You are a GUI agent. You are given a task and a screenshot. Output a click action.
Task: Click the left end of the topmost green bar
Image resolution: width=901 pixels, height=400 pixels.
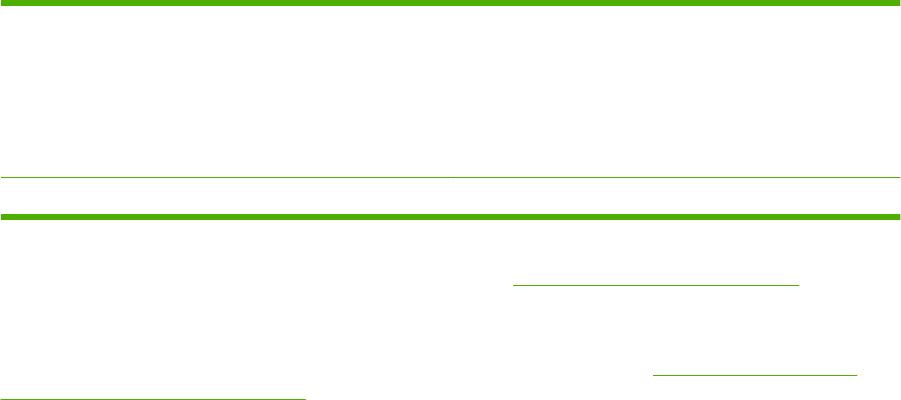tap(3, 3)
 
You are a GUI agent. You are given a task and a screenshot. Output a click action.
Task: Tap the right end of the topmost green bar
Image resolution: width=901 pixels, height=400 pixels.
tap(897, 3)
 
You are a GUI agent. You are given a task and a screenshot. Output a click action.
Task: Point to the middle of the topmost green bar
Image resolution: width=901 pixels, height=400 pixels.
tap(450, 3)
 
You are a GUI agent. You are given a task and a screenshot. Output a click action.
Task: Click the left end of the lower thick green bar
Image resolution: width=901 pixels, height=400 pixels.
tap(3, 216)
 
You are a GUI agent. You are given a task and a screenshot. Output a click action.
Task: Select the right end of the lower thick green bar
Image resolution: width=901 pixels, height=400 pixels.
tap(897, 216)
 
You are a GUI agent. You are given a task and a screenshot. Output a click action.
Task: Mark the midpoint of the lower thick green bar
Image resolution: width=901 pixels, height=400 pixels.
tap(450, 216)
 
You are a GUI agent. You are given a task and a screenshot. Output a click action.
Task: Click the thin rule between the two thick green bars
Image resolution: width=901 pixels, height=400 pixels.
tap(450, 178)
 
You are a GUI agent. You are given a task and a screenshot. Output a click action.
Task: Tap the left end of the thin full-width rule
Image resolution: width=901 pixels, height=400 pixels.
tap(2, 178)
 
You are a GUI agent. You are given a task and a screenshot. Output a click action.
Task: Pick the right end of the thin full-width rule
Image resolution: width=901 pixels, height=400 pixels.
tap(898, 178)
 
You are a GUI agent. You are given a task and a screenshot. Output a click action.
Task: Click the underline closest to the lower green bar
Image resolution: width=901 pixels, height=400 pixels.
tap(657, 285)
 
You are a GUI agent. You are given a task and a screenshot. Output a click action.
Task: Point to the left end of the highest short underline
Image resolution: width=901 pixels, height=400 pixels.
tap(514, 285)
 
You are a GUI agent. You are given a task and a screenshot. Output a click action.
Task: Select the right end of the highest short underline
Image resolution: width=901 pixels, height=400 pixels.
tap(800, 285)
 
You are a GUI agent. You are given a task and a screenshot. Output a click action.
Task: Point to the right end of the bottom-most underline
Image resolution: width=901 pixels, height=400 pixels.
tap(304, 396)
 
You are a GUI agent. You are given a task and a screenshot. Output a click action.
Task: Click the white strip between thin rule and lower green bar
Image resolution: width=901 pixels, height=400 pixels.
tap(450, 195)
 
